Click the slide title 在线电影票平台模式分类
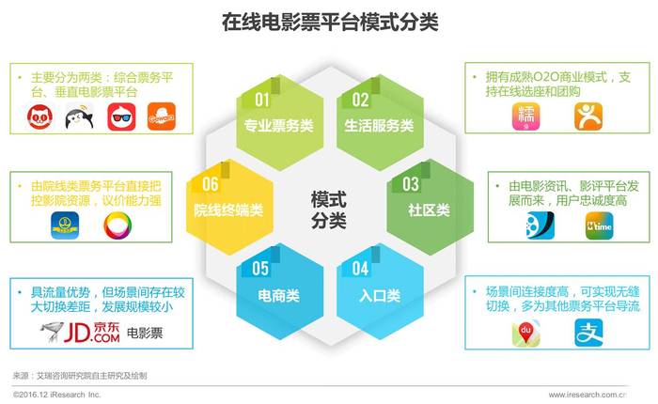click(330, 22)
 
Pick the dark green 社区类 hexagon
click(431, 207)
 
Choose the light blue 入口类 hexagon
click(380, 291)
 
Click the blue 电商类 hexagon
click(279, 291)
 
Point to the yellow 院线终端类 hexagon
click(229, 207)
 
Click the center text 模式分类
click(329, 210)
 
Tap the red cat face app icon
click(39, 117)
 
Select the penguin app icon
click(79, 117)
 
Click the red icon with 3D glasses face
click(121, 117)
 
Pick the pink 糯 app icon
click(525, 117)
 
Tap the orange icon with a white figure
click(588, 117)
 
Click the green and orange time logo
click(600, 225)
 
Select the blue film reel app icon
click(540, 225)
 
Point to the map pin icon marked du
click(525, 334)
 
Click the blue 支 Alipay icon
click(588, 333)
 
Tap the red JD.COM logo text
click(91, 333)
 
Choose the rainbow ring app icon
click(117, 225)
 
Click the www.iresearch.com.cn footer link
click(587, 395)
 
